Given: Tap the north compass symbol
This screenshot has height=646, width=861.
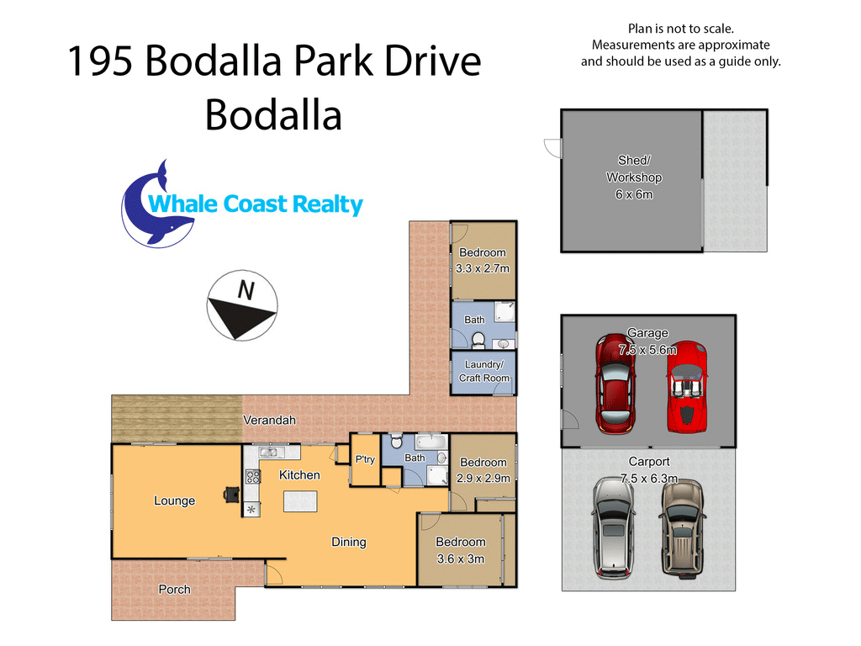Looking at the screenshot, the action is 242,305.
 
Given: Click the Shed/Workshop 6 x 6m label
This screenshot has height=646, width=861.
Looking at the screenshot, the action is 634,177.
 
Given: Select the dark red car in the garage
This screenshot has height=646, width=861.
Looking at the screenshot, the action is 616,384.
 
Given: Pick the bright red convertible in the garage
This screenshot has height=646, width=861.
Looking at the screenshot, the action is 687,387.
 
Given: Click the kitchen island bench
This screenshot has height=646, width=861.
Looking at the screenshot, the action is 300,501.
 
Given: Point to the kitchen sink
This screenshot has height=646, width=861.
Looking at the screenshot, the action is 268,452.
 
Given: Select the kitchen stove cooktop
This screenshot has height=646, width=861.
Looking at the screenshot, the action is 252,476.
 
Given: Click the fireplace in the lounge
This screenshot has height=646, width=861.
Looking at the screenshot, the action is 232,495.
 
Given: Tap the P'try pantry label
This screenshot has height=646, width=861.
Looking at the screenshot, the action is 365,459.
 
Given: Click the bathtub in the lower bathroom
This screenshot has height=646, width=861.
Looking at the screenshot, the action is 431,442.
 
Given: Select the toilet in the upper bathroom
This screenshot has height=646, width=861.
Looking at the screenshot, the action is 478,340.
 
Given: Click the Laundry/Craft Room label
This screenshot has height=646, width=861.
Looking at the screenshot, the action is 483,371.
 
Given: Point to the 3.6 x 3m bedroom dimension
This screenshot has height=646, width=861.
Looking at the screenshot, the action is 461,559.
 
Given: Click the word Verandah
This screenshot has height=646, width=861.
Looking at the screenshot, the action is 270,421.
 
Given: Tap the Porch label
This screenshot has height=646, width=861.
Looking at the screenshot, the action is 175,590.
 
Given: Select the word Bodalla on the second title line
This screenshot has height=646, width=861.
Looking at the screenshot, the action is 273,115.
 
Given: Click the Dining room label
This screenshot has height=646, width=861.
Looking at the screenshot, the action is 349,543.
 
